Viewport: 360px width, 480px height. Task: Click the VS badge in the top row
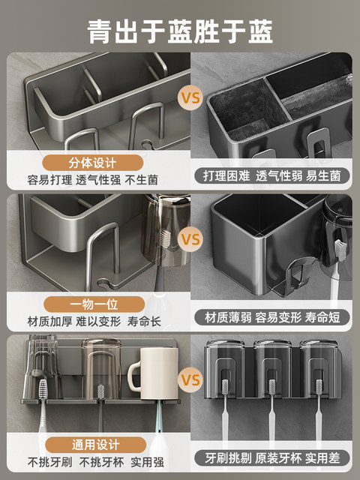(190, 98)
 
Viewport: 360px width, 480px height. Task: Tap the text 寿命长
(143, 320)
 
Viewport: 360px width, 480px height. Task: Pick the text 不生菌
(142, 180)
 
